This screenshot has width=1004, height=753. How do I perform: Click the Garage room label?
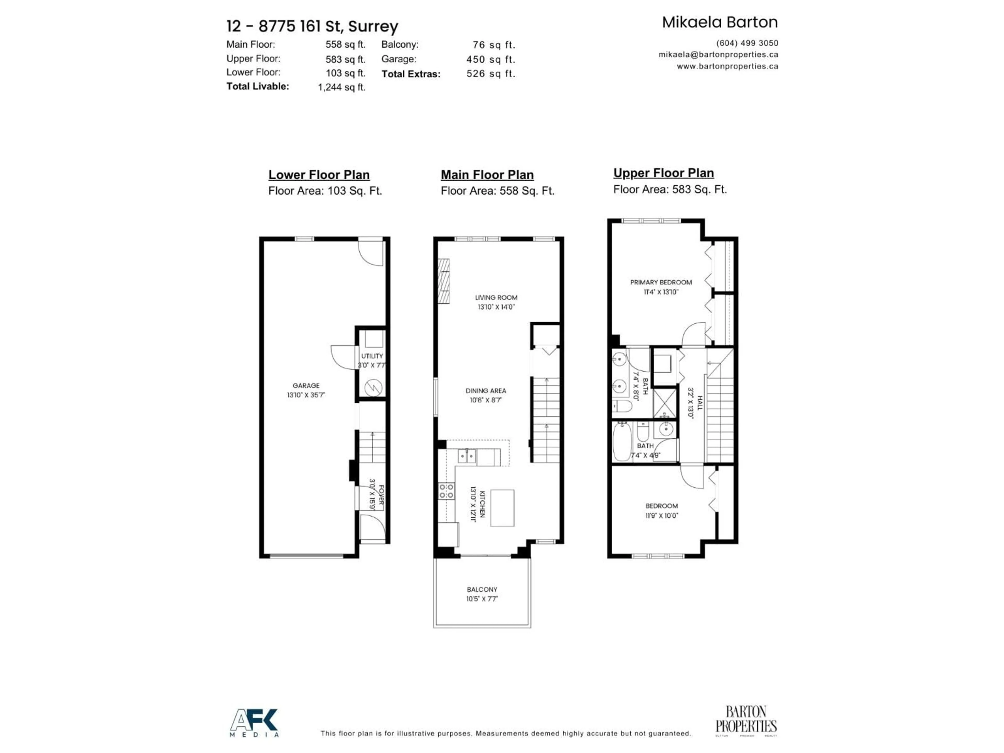click(x=306, y=385)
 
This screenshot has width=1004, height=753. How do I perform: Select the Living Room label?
click(x=496, y=297)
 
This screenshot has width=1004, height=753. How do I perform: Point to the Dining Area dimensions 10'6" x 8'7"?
click(x=486, y=400)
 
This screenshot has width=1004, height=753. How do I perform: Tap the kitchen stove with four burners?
click(x=446, y=491)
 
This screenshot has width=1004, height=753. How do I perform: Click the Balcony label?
click(x=482, y=589)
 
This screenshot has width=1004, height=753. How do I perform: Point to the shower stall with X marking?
click(x=664, y=402)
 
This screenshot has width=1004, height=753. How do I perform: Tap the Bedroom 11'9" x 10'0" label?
click(x=661, y=506)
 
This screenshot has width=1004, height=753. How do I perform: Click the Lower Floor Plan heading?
click(x=319, y=175)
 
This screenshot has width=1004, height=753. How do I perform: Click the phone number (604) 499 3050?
click(x=747, y=43)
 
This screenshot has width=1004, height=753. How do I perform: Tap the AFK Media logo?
click(x=254, y=723)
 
